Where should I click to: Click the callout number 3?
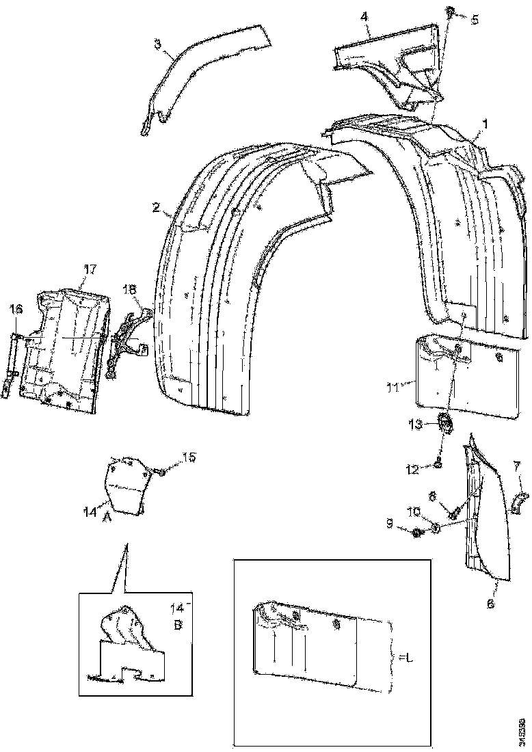(157, 45)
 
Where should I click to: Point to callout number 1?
(485, 125)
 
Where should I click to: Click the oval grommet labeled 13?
(447, 424)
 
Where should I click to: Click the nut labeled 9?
(418, 531)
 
